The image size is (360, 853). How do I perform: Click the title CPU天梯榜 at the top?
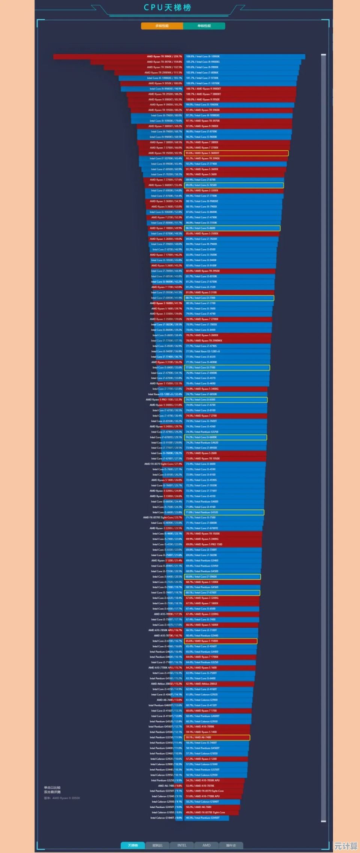pos(167,8)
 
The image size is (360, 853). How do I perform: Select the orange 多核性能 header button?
pos(162,26)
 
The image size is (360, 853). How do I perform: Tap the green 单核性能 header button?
pos(204,26)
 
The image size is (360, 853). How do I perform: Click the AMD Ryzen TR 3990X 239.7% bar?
pos(118,57)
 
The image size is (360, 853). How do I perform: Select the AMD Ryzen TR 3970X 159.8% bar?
pos(136,62)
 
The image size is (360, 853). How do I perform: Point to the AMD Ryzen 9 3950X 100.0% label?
pos(165,83)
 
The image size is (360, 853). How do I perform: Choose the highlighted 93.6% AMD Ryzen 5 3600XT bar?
pos(236,153)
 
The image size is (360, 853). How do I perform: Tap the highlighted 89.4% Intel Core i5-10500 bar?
pos(234,185)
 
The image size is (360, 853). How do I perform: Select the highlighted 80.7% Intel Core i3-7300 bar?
pos(229,298)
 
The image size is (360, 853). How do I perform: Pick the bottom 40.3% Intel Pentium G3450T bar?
pos(207,818)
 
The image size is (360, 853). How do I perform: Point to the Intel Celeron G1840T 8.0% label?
pos(166,818)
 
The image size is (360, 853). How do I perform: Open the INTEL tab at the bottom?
pos(182,845)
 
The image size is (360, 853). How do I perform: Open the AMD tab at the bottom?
pos(206,845)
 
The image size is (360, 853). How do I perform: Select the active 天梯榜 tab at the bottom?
pos(133,845)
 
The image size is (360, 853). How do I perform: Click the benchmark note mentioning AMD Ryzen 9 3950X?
pos(62,798)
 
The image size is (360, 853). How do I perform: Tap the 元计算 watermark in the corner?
pos(345,846)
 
